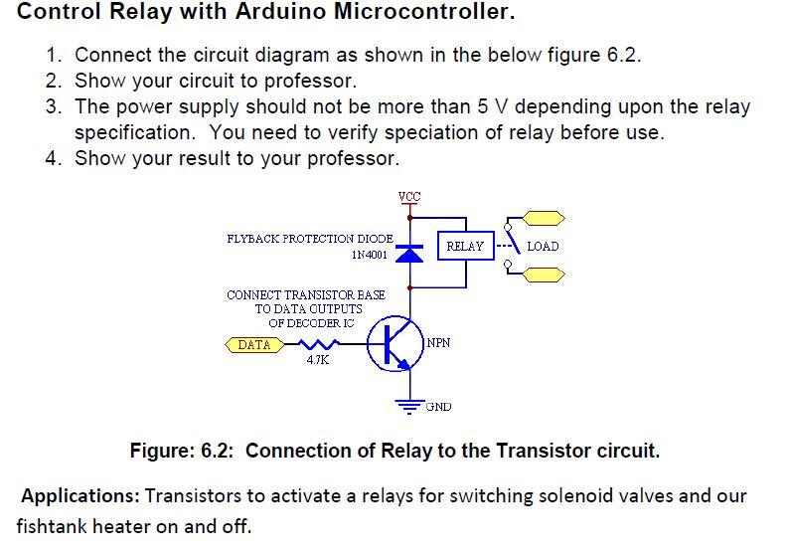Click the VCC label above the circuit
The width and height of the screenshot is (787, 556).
click(x=409, y=196)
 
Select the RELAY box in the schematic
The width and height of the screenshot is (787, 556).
click(x=465, y=246)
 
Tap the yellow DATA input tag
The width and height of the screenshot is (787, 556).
click(x=254, y=345)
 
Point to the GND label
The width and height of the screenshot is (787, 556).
click(x=438, y=407)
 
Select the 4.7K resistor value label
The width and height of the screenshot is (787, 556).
click(x=317, y=360)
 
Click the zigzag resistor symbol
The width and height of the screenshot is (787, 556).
click(x=313, y=345)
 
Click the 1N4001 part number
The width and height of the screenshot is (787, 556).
click(x=369, y=255)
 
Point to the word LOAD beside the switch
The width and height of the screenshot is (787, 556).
click(x=543, y=246)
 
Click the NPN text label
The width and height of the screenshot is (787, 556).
click(x=438, y=342)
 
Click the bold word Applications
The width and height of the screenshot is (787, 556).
click(x=79, y=495)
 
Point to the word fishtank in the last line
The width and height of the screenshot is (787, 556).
click(x=54, y=525)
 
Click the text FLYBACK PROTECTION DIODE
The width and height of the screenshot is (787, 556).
click(x=310, y=239)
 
